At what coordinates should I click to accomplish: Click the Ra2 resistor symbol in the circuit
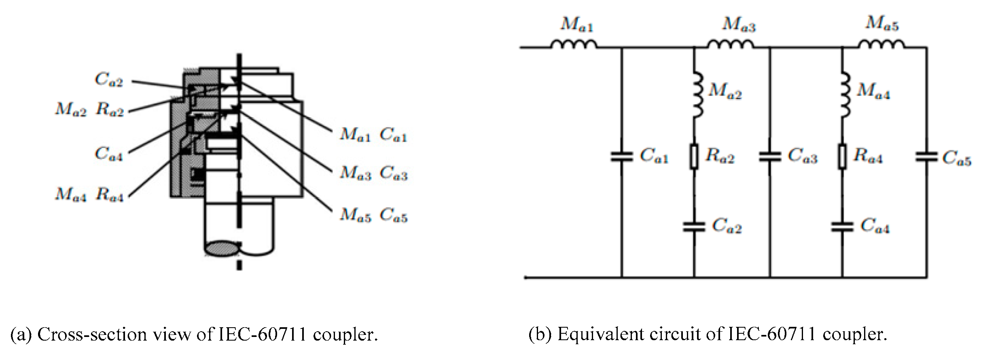point(694,157)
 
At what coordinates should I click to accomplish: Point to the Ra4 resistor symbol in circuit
point(842,157)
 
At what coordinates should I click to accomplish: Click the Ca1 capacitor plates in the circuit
point(621,157)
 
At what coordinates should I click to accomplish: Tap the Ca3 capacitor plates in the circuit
point(769,157)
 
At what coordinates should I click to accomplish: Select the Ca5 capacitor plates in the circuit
point(926,157)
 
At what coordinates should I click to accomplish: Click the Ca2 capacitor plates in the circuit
point(694,227)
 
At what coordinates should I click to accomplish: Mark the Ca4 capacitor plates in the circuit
point(842,227)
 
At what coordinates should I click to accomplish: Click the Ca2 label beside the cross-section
point(108,80)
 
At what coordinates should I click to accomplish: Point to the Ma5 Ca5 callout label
point(373,215)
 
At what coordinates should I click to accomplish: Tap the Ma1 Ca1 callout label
point(373,135)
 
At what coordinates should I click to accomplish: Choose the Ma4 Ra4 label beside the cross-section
point(89,195)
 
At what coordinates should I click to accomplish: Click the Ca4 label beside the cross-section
point(108,154)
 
